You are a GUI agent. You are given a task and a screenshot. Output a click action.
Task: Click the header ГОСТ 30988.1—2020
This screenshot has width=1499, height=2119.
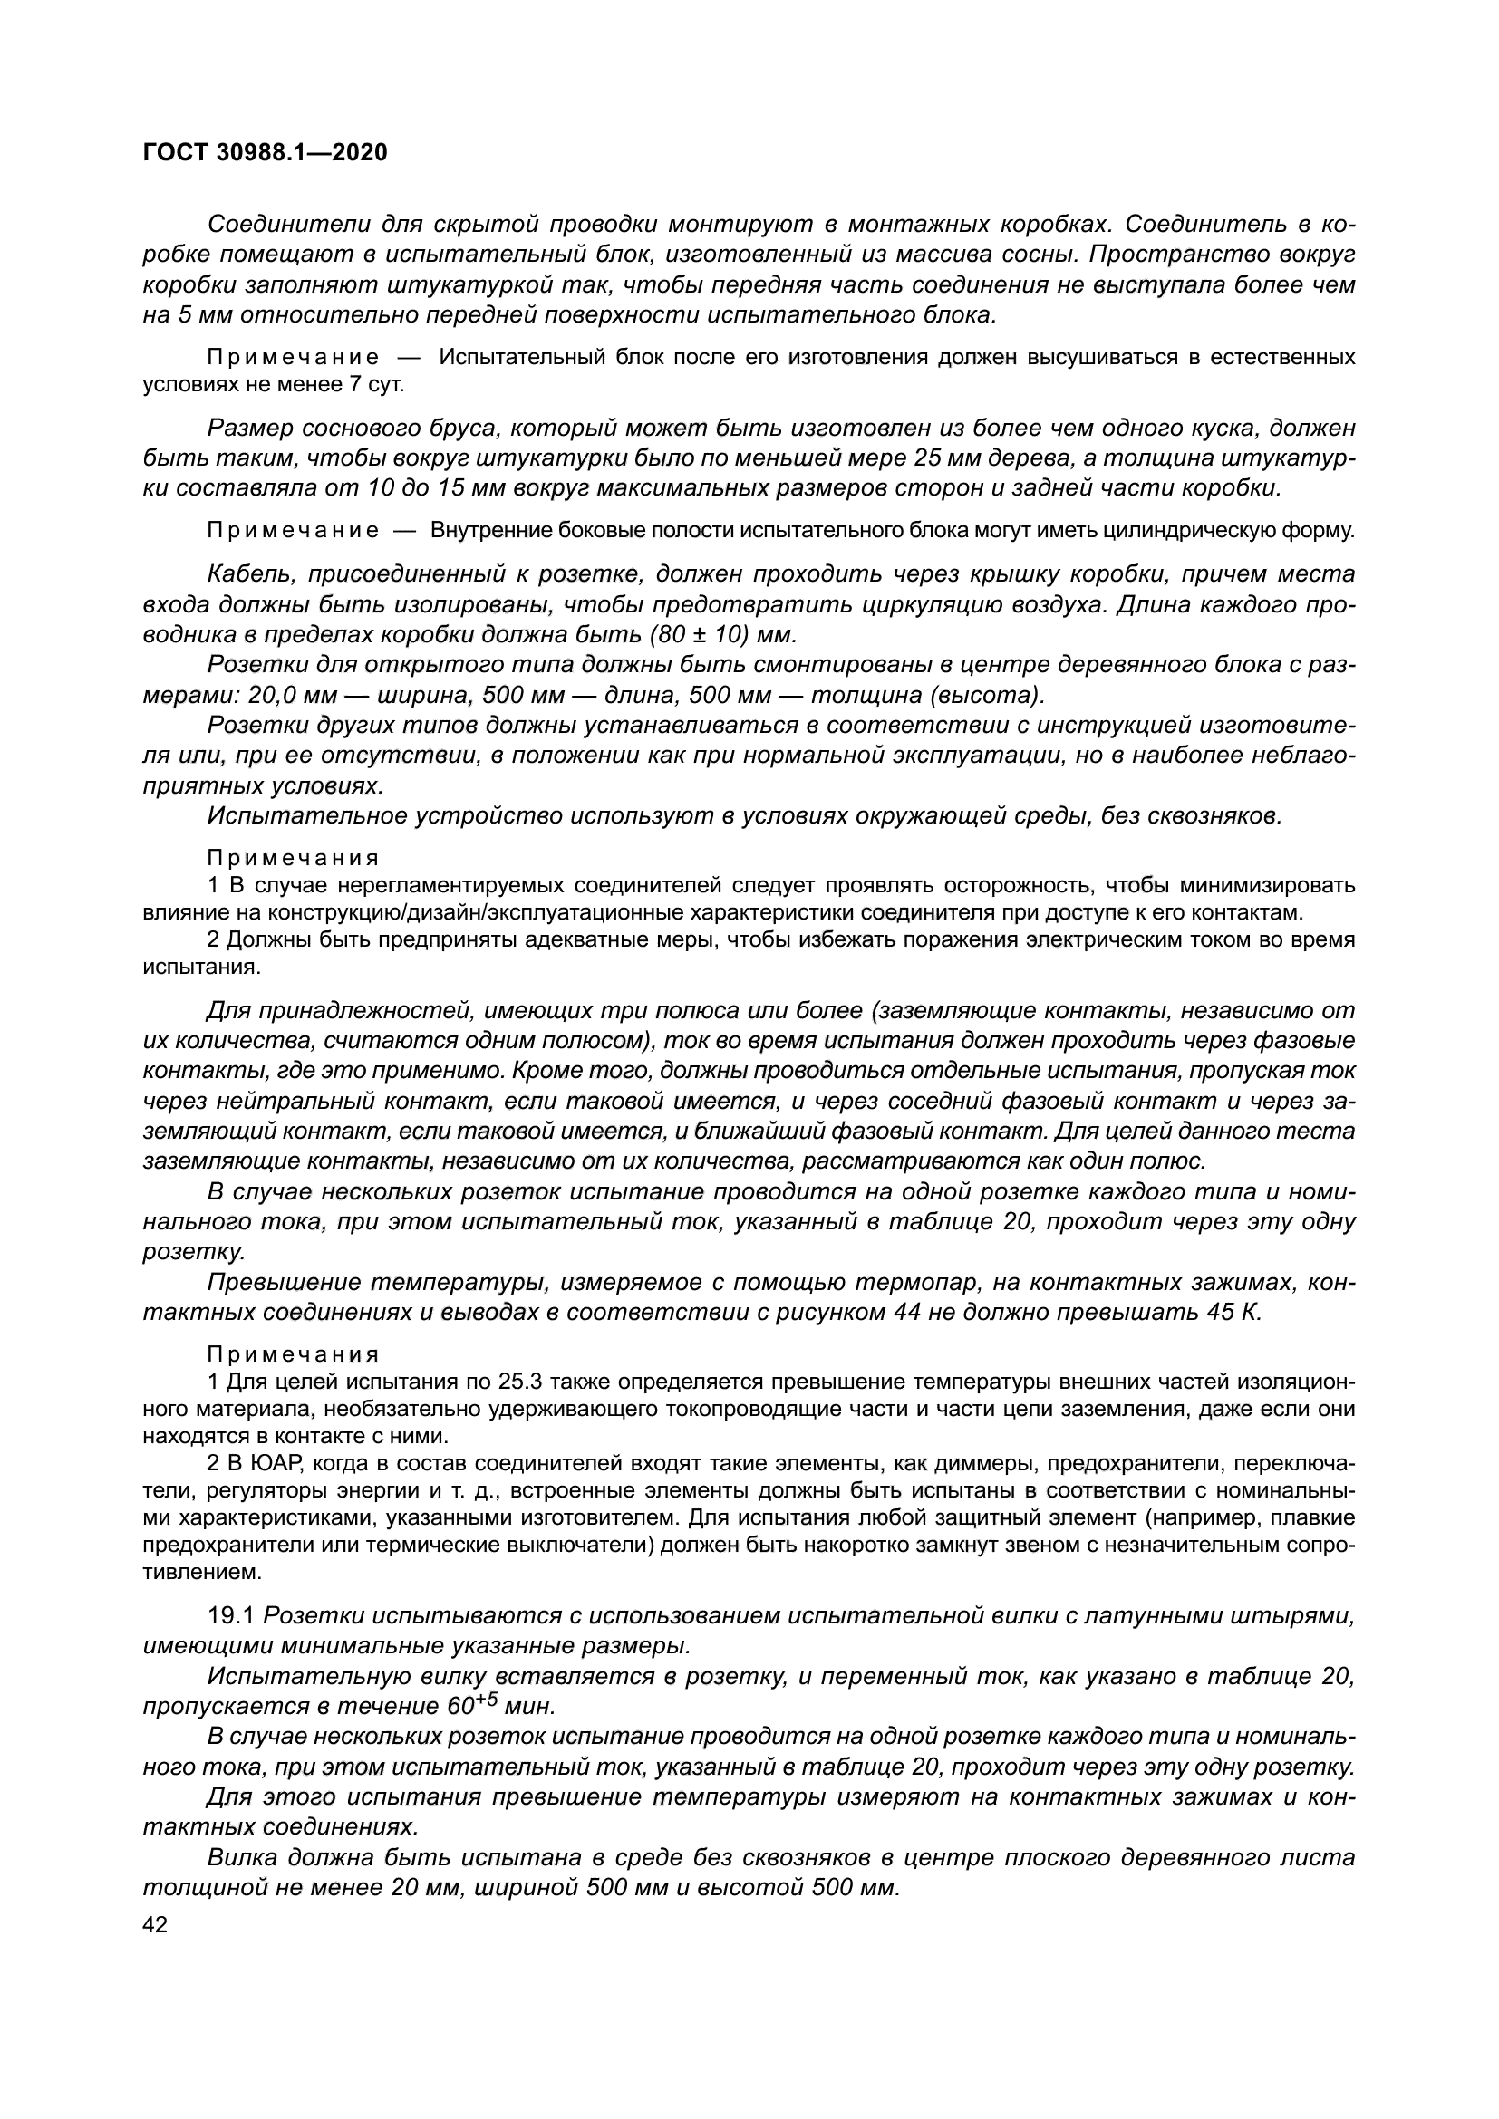[x=265, y=153]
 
